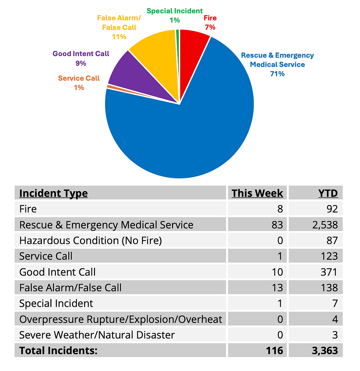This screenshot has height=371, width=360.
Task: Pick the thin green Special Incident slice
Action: point(178,44)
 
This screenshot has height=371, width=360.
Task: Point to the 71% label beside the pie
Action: point(277,74)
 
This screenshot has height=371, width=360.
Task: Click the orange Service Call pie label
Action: point(79,78)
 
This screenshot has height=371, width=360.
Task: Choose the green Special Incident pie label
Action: point(174,11)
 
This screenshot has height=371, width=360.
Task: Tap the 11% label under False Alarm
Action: point(119,37)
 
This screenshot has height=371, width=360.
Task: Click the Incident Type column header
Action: point(53,193)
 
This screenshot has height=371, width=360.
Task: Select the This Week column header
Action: point(257,193)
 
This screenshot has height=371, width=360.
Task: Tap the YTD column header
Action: point(328,193)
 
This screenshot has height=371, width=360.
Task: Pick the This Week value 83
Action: point(276,224)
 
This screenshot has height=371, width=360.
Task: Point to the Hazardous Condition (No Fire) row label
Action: point(90,240)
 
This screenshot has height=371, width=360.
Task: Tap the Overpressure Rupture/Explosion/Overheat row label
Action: point(120,319)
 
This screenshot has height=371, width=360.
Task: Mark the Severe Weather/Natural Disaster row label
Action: point(97,335)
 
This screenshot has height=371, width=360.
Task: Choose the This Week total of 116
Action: point(274,351)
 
